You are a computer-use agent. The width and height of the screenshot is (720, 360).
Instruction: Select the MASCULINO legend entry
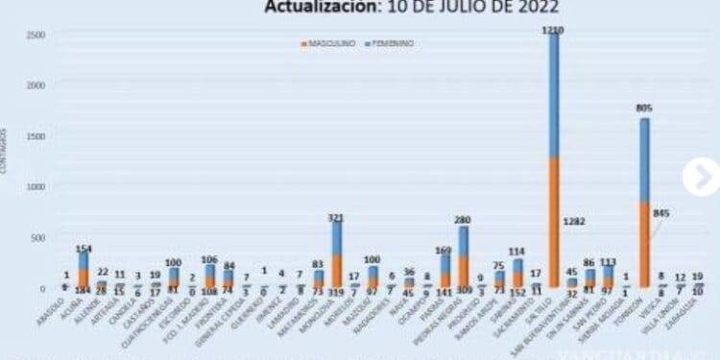tap(332, 44)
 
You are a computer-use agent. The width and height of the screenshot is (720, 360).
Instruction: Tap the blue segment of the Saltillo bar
tap(554, 96)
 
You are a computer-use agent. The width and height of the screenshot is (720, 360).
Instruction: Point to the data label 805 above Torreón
tap(644, 108)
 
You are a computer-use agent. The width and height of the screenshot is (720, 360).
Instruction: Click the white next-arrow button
tap(701, 177)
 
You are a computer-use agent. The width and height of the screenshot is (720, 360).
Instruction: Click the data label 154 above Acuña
tap(84, 248)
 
